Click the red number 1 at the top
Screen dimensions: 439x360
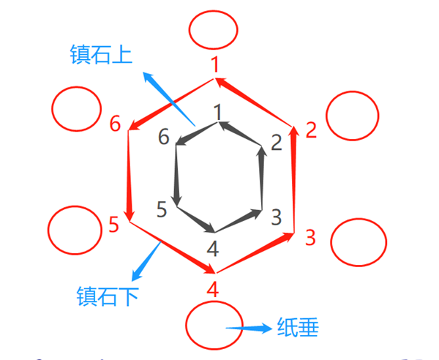(215, 64)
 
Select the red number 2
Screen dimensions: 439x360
(311, 130)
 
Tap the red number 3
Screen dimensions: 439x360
(310, 237)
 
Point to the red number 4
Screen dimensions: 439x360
(213, 290)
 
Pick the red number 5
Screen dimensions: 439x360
(113, 224)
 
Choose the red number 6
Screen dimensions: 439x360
(115, 123)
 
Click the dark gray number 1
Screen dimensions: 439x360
(217, 112)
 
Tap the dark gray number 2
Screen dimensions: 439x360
(277, 143)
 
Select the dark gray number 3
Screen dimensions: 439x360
(276, 217)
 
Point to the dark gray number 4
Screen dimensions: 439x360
(213, 249)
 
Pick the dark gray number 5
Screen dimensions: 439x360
(162, 209)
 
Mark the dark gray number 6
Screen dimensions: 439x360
(164, 136)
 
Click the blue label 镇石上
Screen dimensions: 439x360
(101, 55)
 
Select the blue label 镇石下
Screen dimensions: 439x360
(108, 296)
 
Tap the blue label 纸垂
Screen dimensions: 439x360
(298, 327)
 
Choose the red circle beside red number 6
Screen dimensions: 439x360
(52, 108)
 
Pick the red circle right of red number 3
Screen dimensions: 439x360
(331, 242)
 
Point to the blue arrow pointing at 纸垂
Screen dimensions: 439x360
(249, 328)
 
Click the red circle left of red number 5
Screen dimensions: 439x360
(48, 230)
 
